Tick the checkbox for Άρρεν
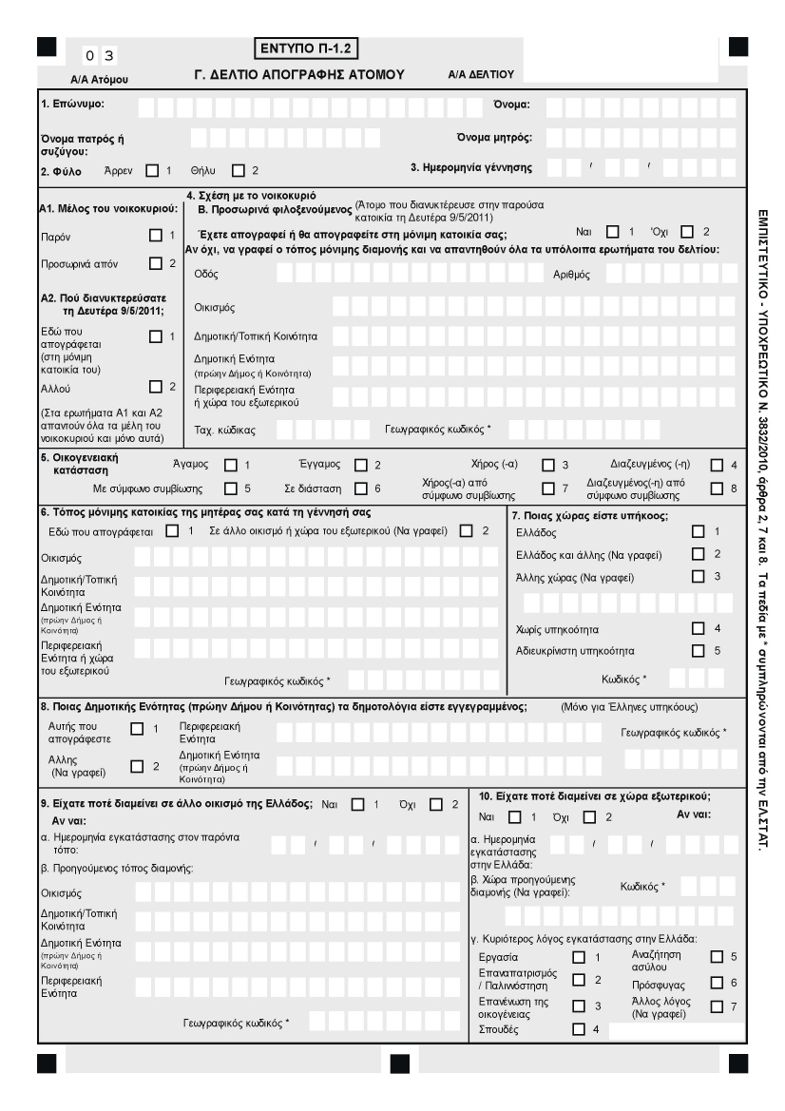point(152,171)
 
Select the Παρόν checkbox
point(157,234)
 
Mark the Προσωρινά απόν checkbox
point(157,263)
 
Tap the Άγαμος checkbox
point(229,465)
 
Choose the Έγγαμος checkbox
point(360,465)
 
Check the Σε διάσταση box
point(360,488)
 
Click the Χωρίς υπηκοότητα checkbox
point(699,627)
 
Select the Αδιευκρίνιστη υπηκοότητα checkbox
point(699,650)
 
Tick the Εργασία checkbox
point(578,957)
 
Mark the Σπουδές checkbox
point(578,1028)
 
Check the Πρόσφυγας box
point(717,981)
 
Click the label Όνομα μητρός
point(493,137)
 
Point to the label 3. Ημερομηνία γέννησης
point(470,168)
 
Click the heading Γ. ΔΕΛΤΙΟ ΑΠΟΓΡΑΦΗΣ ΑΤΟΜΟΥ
point(299,72)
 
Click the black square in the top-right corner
point(737,46)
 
